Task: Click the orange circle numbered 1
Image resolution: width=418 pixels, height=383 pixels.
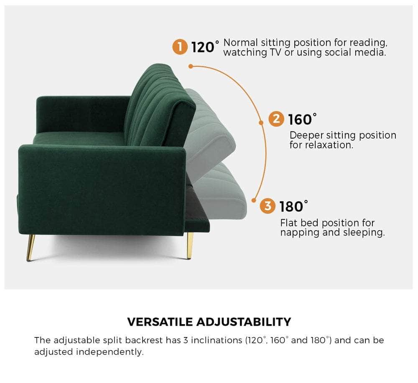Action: pyautogui.click(x=180, y=47)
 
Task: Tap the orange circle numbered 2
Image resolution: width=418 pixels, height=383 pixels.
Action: pyautogui.click(x=276, y=119)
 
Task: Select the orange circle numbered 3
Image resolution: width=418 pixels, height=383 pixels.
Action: pyautogui.click(x=268, y=206)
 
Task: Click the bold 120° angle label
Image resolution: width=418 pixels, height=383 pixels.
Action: pyautogui.click(x=205, y=47)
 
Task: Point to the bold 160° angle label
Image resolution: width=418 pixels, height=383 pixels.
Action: pyautogui.click(x=302, y=119)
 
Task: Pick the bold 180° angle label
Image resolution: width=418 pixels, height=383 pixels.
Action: pyautogui.click(x=293, y=206)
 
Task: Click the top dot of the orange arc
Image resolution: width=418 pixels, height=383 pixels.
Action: pyautogui.click(x=191, y=66)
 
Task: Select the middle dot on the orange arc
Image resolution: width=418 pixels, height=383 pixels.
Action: pyautogui.click(x=261, y=122)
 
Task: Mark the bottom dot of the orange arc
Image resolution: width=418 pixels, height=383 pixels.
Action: pyautogui.click(x=254, y=200)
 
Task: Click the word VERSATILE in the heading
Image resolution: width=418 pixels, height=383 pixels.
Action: pyautogui.click(x=160, y=322)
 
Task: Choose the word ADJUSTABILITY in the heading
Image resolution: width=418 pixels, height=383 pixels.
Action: pyautogui.click(x=244, y=322)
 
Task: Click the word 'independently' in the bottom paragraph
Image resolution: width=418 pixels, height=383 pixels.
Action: pyautogui.click(x=110, y=352)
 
